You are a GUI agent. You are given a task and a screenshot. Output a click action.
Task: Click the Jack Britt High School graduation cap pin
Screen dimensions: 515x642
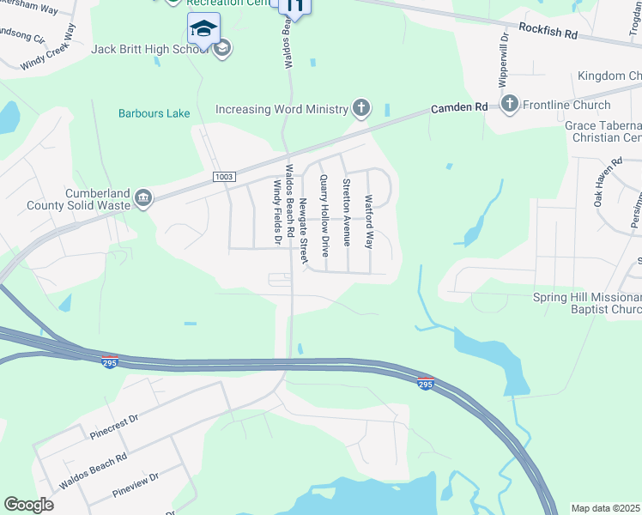[x=203, y=29]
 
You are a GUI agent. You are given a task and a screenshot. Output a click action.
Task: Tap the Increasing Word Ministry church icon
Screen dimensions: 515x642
[x=361, y=109]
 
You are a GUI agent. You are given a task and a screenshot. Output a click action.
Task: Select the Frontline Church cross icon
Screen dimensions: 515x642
[x=510, y=105]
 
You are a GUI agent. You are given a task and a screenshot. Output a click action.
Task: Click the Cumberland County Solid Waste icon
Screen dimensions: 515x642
[x=143, y=199]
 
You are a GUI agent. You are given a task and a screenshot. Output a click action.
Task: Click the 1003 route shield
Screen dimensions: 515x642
[x=224, y=176]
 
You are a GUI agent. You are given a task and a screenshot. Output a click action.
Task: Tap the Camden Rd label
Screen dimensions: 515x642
[x=459, y=107]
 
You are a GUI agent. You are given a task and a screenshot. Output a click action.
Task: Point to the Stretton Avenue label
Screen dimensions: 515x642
[x=347, y=212]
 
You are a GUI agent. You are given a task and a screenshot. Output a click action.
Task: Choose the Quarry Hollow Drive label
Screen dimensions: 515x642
[x=324, y=215]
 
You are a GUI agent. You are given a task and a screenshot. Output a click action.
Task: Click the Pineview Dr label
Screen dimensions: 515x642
[x=136, y=485]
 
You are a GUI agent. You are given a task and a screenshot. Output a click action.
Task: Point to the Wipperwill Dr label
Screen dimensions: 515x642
[x=504, y=61]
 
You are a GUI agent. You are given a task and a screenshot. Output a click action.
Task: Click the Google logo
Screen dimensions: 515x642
[x=29, y=505]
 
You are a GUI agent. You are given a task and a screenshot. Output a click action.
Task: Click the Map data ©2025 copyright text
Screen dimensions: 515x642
[x=606, y=508]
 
